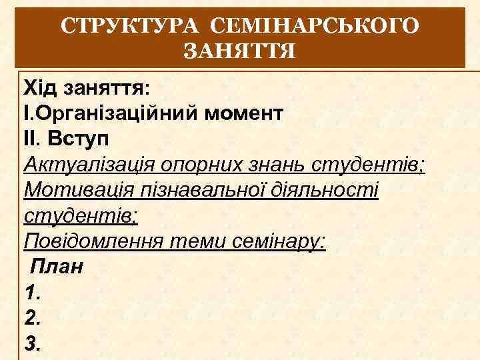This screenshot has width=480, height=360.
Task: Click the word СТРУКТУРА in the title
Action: pos(131,27)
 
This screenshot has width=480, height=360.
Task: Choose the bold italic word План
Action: pos(57,267)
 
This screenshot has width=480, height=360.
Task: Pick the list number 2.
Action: pos(31,319)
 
